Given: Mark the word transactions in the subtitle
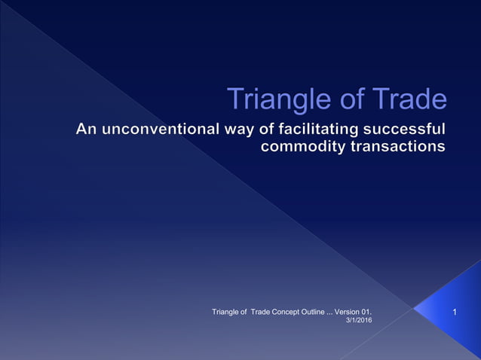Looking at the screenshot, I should click(397, 146).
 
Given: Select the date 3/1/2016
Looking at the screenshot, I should click(358, 321).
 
